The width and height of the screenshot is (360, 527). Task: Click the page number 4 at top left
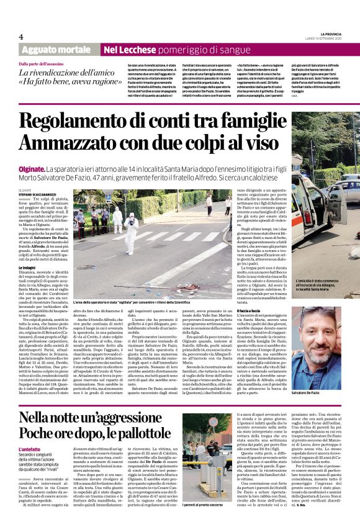[21, 37]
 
